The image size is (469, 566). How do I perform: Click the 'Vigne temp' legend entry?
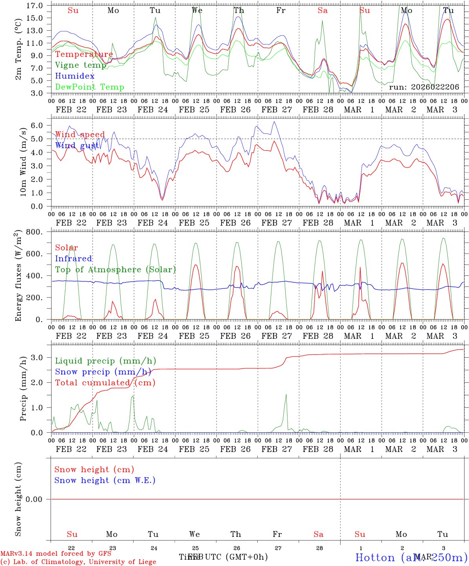(81, 65)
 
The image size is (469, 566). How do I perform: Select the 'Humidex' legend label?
(75, 76)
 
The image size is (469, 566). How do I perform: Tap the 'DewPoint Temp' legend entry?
(90, 87)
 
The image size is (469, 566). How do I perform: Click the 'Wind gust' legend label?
(77, 145)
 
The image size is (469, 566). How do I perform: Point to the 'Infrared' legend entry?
(73, 259)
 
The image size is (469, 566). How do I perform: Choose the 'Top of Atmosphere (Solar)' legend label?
(115, 270)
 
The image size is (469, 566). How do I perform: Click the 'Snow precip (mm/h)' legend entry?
(103, 372)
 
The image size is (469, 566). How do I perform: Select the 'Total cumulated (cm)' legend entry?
(105, 383)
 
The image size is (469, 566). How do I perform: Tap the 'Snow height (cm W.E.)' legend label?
(104, 480)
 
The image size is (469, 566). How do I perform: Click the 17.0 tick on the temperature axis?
(35, 6)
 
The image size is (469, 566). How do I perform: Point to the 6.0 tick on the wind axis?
(37, 125)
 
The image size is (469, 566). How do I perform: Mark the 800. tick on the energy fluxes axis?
(34, 232)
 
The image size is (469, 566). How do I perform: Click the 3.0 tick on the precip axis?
(37, 357)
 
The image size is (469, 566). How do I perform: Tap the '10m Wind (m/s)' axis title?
(23, 162)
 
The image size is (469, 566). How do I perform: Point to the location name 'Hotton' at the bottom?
(375, 557)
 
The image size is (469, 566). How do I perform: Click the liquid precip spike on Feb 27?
(286, 395)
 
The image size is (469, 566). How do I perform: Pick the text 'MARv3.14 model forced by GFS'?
(56, 554)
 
